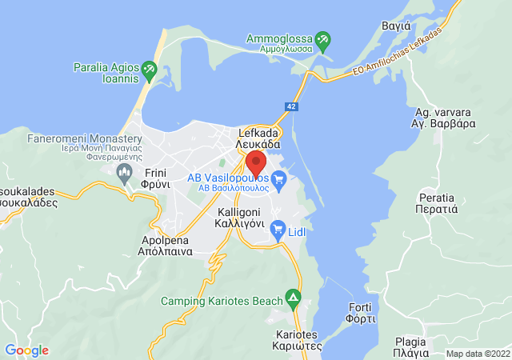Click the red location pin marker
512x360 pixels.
coord(256,162)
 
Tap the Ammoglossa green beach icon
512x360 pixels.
coord(322,38)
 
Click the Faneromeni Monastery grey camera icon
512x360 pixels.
coord(123,175)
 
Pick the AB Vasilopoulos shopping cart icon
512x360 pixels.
coord(278,182)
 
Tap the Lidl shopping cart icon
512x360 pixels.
coord(278,230)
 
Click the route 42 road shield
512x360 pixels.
coord(294,106)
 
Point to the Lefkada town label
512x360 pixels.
coord(258,138)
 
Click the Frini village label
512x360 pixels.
coord(157,177)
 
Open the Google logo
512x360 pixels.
coord(26,350)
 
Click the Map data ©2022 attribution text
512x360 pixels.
coord(477,354)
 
